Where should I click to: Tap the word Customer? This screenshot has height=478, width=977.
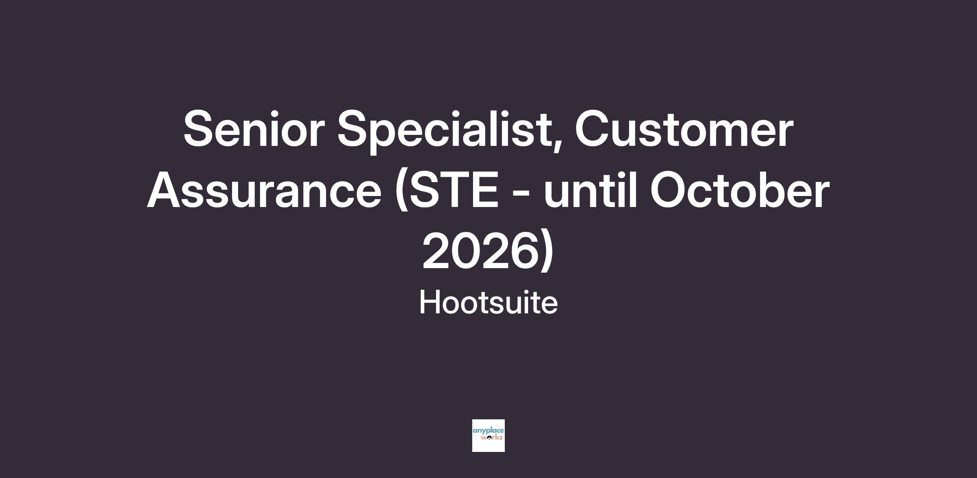pos(683,129)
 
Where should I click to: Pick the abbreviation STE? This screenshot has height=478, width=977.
pos(454,190)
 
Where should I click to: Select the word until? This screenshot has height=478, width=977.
pos(590,190)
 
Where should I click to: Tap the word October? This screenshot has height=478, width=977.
pos(740,190)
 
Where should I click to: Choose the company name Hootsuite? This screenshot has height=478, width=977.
pos(488,303)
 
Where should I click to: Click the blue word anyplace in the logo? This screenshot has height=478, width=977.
pos(488,431)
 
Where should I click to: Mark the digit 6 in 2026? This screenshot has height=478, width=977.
pos(519,251)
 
